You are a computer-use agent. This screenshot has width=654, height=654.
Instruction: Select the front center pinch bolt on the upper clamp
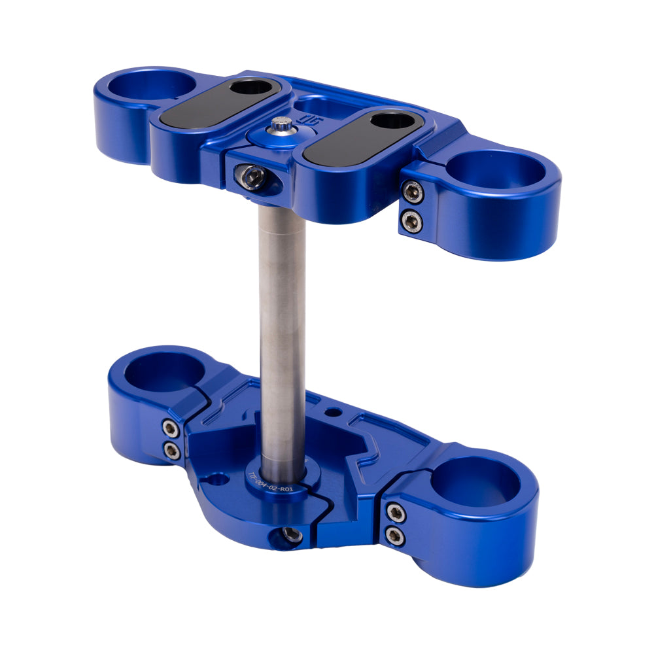(254, 175)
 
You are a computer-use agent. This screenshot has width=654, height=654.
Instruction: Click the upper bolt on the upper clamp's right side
(411, 192)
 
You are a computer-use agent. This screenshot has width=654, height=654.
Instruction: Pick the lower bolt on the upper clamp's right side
(411, 220)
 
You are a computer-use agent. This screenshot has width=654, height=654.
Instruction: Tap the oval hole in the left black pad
(252, 87)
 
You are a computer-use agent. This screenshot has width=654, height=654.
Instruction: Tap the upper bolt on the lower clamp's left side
(171, 428)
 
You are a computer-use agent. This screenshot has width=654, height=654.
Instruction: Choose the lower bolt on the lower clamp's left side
(172, 450)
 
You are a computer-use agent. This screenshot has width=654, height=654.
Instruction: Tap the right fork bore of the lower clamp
(475, 485)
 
